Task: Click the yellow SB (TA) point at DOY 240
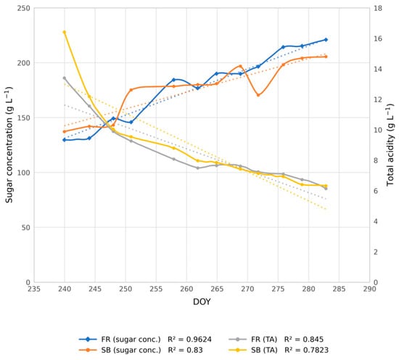(65, 32)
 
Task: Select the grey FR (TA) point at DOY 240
(65, 78)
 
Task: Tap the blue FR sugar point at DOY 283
(326, 40)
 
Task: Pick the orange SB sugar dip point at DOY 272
(258, 95)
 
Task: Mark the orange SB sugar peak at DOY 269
(240, 66)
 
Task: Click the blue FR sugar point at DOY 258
(174, 80)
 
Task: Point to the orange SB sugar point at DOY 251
(131, 89)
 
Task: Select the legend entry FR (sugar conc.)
(120, 339)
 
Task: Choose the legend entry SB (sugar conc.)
(120, 350)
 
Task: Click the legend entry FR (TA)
(253, 339)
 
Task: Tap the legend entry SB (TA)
(253, 350)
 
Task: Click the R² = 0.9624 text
(189, 339)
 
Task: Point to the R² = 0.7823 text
(306, 350)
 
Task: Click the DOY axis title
(202, 302)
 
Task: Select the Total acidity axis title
(390, 145)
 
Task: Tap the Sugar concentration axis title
(9, 145)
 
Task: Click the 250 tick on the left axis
(24, 8)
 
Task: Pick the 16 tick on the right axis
(378, 38)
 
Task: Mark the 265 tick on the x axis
(217, 289)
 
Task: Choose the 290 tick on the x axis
(369, 289)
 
